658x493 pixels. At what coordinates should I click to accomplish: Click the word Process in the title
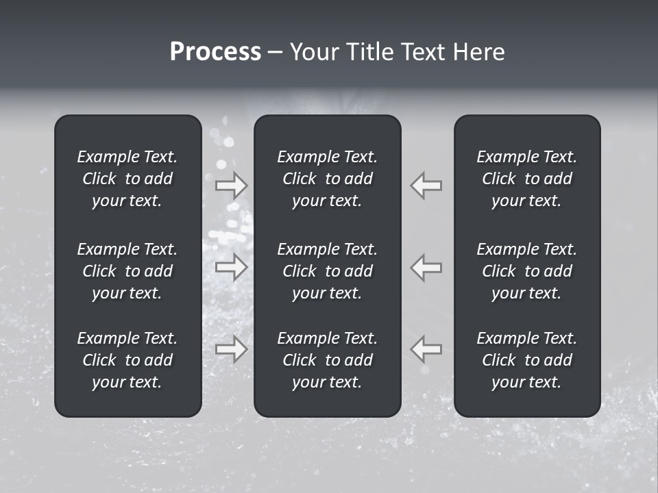(215, 52)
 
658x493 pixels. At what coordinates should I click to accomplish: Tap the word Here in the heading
(478, 52)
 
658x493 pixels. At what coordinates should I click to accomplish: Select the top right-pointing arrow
(232, 186)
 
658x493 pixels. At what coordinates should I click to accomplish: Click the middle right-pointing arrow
(232, 267)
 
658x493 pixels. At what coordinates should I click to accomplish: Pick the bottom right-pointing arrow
(232, 349)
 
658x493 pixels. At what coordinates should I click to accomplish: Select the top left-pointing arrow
(426, 186)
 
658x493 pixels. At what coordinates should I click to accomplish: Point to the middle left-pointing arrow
(426, 267)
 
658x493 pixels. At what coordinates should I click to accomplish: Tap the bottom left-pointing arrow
(426, 349)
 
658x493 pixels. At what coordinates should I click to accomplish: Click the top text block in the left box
(127, 179)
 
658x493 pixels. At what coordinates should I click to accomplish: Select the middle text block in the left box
(127, 271)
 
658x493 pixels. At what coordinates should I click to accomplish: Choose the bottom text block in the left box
(127, 360)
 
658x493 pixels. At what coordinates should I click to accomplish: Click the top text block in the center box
(327, 179)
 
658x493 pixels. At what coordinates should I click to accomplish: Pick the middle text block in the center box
(327, 271)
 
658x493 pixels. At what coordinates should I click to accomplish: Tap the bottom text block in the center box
(327, 360)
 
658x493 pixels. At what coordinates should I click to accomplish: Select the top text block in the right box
(526, 179)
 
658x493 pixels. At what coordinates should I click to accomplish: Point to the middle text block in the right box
(526, 271)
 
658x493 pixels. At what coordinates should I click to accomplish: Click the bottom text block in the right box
(526, 360)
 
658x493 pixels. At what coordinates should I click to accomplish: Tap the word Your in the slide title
(314, 52)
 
